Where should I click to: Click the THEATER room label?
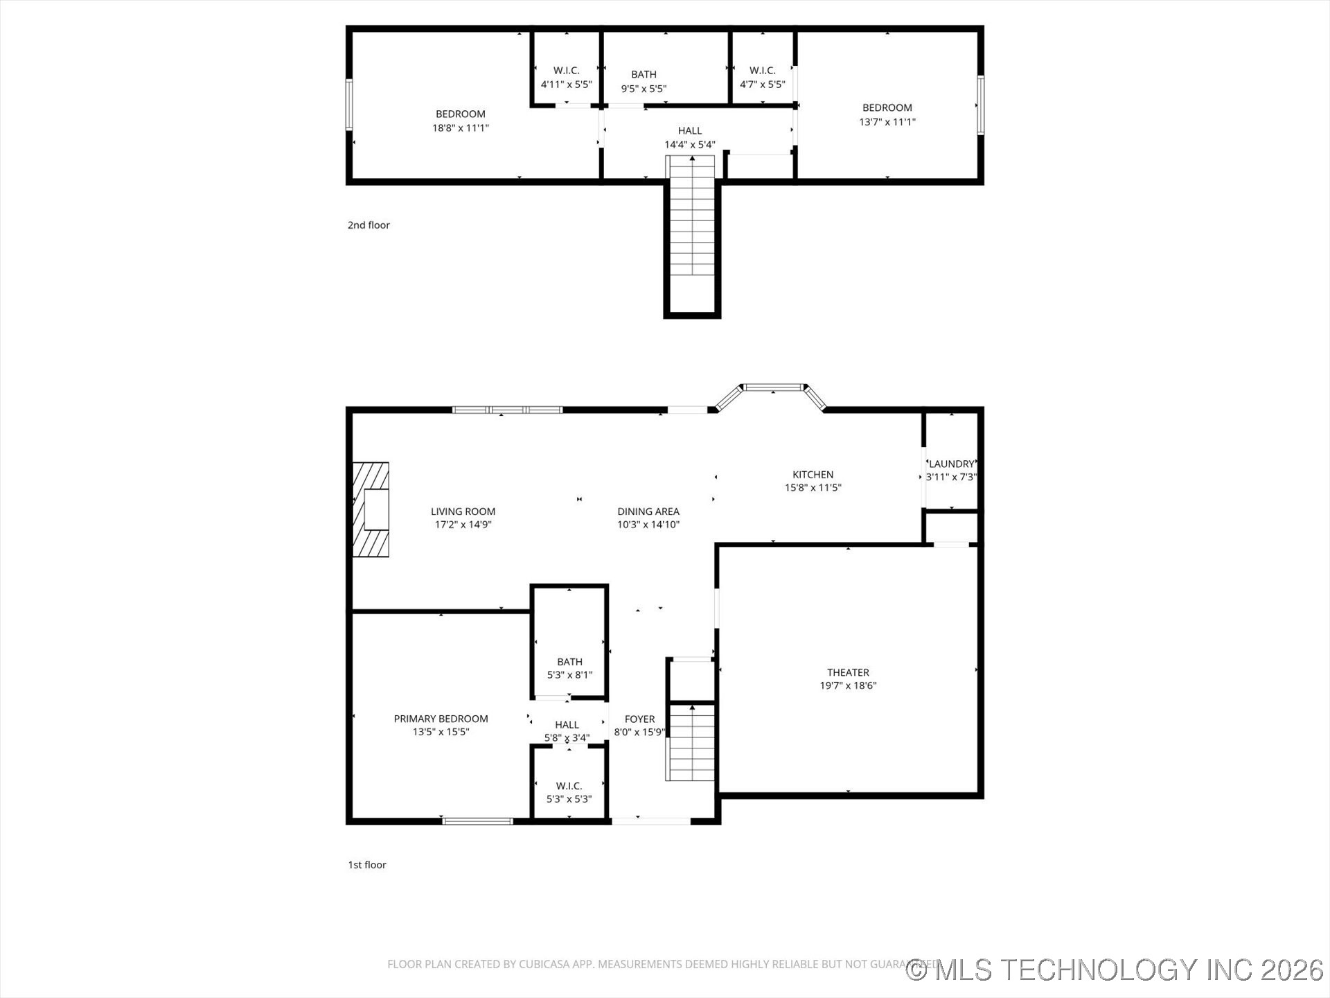848,672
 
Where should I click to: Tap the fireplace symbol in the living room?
371,509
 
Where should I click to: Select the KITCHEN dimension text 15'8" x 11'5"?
813,488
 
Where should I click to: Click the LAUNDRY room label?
951,464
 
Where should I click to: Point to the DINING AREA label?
648,511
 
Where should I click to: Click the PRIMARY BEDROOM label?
441,719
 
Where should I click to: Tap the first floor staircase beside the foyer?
691,742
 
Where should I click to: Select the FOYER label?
639,719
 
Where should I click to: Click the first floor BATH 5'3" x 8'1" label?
569,662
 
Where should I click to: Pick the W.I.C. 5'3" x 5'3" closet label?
569,786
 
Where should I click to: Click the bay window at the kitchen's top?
774,387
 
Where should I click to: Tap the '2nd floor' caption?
369,225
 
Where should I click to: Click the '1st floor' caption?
367,865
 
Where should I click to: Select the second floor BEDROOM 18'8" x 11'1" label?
460,114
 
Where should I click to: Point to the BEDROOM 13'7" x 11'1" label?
887,108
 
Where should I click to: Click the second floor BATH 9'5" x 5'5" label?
644,75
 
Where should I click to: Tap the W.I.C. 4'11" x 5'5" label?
566,71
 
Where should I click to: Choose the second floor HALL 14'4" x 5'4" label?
689,131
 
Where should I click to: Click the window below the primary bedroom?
477,821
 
